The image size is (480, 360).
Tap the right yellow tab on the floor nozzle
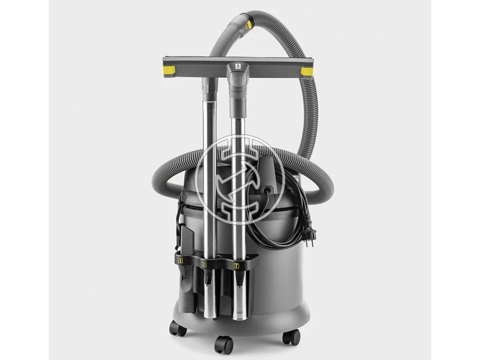point(307,72)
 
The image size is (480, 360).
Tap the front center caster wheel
point(224,343)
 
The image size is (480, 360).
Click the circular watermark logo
point(240,174)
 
